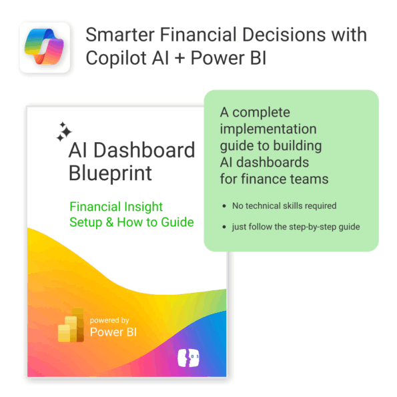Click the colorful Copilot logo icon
[44, 47]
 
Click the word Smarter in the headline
[120, 35]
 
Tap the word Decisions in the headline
[284, 35]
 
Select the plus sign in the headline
[179, 58]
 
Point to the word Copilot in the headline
[116, 58]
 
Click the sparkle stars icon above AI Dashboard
[64, 131]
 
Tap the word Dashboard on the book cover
[144, 150]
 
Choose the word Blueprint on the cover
[110, 173]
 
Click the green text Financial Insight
[116, 207]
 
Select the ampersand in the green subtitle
[109, 222]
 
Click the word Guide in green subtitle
[177, 222]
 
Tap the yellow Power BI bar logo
[71, 325]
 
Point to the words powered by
[109, 320]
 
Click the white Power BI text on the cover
[113, 332]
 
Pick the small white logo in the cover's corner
[188, 358]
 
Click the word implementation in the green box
[268, 129]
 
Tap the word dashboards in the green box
[272, 162]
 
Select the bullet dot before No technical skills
[224, 206]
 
